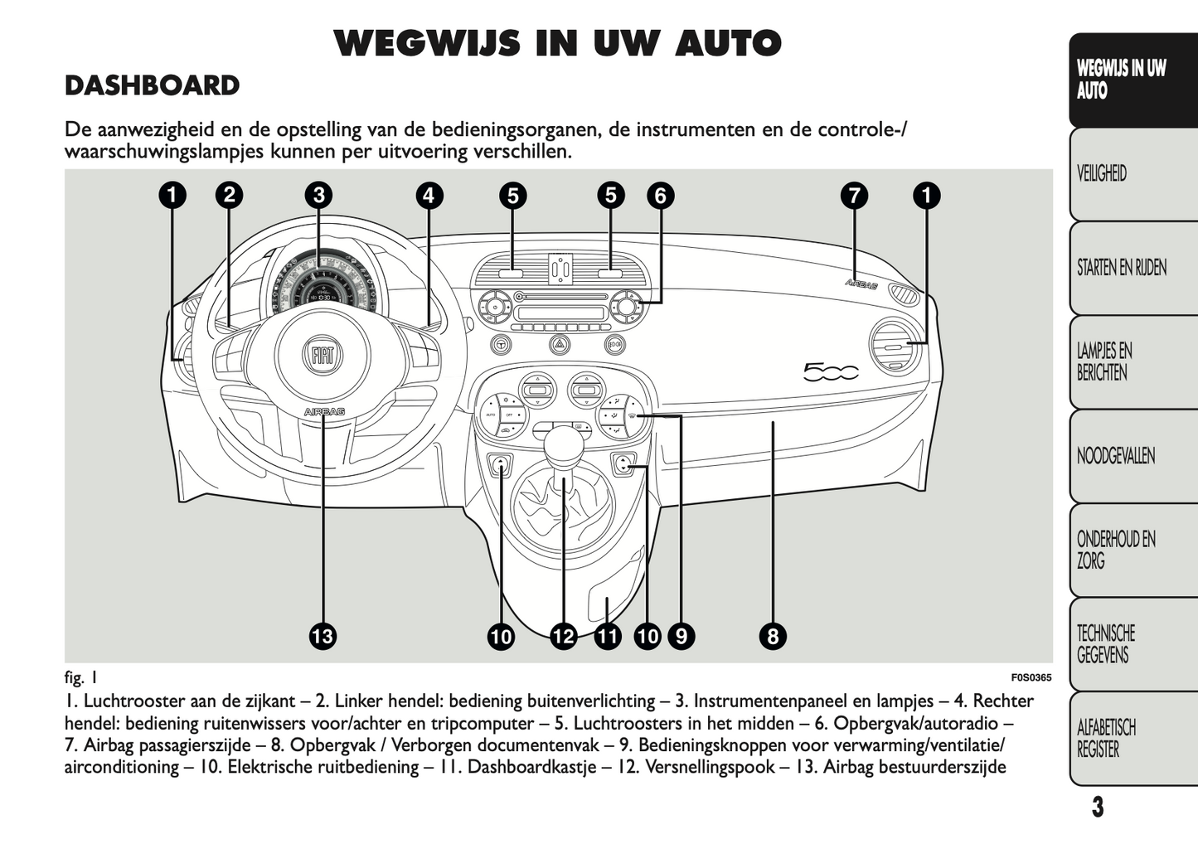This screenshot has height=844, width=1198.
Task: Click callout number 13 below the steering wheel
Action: click(323, 637)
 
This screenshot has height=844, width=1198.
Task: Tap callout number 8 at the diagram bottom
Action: click(773, 637)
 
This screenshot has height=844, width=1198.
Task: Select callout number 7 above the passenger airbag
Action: click(853, 196)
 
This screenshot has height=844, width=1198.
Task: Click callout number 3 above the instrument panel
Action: click(318, 196)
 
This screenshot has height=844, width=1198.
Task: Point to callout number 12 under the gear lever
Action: click(563, 637)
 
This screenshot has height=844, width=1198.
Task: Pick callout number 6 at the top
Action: click(660, 196)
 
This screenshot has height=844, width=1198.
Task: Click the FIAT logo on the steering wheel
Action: click(323, 356)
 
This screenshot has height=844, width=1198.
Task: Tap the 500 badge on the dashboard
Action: click(831, 372)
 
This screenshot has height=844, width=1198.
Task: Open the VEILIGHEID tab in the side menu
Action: click(1103, 173)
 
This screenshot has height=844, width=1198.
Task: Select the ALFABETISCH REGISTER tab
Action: click(1106, 739)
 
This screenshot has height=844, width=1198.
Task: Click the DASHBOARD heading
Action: click(153, 86)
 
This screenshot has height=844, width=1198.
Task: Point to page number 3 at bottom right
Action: click(1097, 807)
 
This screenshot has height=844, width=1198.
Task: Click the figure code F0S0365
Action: click(1031, 677)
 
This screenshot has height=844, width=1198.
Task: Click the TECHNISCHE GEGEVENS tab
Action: click(1106, 644)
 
